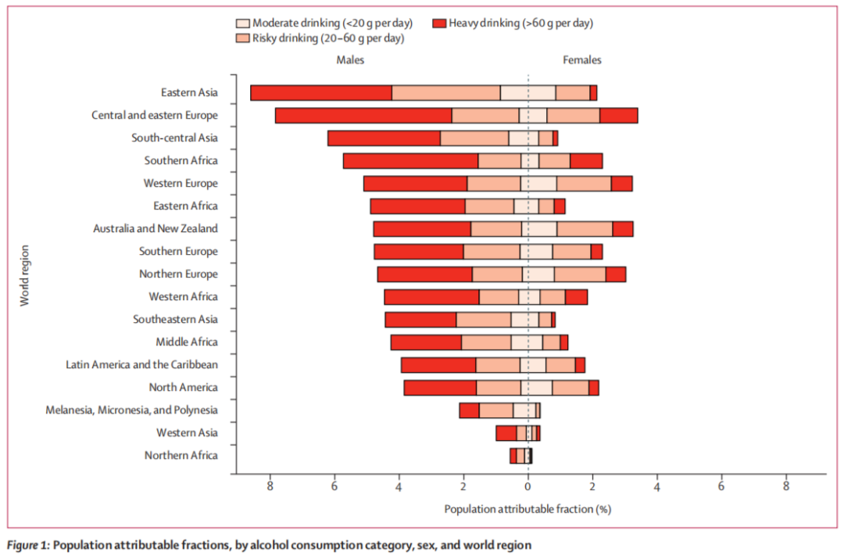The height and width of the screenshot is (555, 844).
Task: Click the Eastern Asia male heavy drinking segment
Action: click(321, 93)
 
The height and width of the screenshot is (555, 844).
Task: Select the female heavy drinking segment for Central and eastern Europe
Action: click(618, 116)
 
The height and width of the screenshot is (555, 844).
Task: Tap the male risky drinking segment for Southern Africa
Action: click(499, 161)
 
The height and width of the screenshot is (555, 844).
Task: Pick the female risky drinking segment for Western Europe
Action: click(584, 184)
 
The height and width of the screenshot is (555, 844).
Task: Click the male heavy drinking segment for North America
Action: click(440, 388)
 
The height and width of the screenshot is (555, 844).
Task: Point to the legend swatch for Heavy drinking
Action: click(438, 23)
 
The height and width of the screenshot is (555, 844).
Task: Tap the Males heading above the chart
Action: click(350, 60)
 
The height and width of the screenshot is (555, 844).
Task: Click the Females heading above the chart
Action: click(582, 60)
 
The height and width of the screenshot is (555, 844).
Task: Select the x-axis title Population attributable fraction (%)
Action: click(527, 510)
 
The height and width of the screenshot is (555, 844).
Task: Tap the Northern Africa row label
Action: click(181, 456)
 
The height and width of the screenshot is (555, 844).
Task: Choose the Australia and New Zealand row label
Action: click(155, 229)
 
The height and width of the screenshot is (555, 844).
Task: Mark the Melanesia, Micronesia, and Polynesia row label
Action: click(131, 410)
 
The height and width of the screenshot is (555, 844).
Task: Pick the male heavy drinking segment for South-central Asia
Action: click(384, 138)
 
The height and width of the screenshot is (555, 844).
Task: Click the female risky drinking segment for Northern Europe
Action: click(580, 274)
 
